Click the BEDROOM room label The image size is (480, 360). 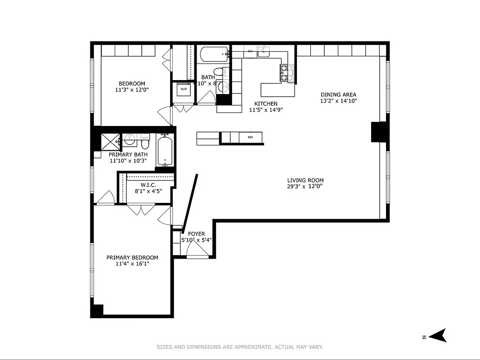132,84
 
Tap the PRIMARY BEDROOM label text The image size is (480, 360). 132,258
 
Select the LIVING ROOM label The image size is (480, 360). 305,180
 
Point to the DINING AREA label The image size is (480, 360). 338,95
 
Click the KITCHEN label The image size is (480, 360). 266,104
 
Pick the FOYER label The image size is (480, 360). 196,234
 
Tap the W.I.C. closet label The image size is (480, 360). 148,185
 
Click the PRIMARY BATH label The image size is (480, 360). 128,154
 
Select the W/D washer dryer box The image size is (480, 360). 184,89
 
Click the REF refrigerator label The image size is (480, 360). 250,137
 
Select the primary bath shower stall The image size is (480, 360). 110,141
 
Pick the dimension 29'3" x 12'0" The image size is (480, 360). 305,186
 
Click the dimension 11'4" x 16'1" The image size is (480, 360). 132,264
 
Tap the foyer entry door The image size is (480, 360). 197,256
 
